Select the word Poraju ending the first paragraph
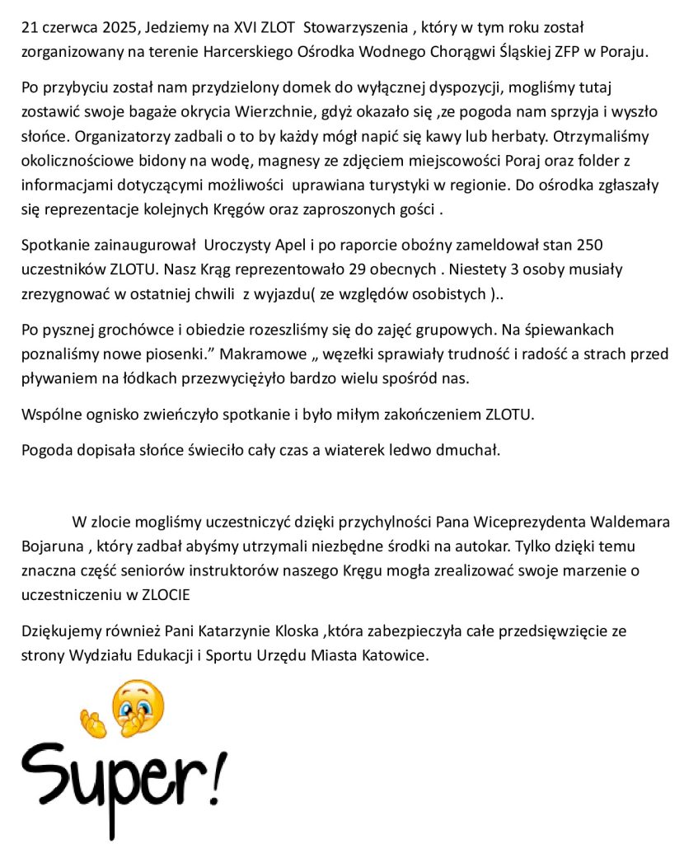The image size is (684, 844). click(x=624, y=50)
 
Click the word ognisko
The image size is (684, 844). click(x=102, y=414)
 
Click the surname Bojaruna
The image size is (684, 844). click(x=51, y=545)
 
